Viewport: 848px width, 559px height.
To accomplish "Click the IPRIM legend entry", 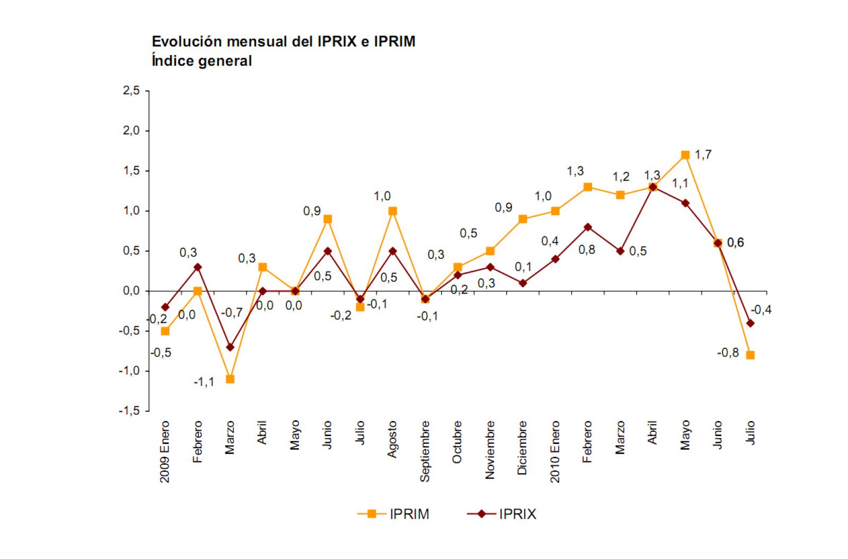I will coord(393,514).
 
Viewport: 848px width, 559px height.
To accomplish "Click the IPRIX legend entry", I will coord(502,514).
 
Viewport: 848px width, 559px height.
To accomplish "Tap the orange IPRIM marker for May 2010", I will coord(685,155).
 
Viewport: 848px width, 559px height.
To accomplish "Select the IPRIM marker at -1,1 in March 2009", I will coord(230,379).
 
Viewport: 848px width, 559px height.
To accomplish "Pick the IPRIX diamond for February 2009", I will coord(198,267).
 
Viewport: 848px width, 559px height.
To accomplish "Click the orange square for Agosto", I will coord(393,211).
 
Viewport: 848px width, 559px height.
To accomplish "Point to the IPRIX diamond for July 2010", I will coord(750,323).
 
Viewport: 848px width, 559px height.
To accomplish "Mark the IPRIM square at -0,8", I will coord(750,355).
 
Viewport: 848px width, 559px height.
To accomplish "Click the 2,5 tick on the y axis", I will coord(131,91).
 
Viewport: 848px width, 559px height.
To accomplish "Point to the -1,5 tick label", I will coord(130,411).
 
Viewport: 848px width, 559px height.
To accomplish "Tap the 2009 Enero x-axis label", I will coord(165,451).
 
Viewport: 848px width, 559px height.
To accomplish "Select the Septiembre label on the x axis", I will coord(425,451).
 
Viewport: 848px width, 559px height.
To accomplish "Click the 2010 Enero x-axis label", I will coord(555,451).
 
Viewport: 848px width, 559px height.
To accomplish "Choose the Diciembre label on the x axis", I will coord(523,448).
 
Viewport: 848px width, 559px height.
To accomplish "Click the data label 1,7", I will coord(703,155).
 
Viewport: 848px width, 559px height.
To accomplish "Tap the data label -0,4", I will coord(761,310).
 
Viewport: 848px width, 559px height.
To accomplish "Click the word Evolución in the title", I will coord(185,41).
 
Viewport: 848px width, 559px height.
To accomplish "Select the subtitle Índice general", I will coord(201,61).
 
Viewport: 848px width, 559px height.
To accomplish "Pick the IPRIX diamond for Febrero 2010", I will coord(588,227).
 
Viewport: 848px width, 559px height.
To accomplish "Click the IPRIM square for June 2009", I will coord(328,219).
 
